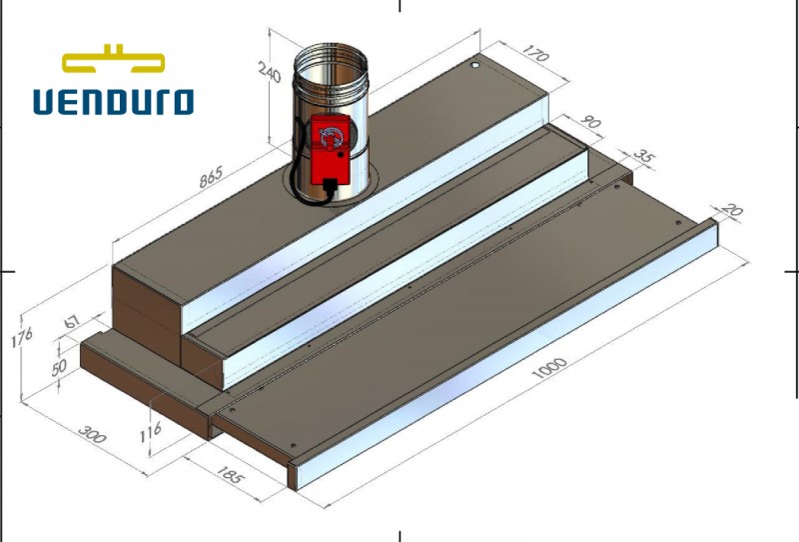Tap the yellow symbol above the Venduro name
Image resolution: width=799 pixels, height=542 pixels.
point(113,60)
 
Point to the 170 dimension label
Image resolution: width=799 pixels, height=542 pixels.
point(535,55)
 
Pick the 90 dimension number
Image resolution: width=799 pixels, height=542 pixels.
point(591,125)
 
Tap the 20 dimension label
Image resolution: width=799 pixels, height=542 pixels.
point(733,212)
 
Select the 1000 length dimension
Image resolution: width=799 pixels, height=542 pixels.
point(548,368)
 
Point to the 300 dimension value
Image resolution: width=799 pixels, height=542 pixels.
point(92,434)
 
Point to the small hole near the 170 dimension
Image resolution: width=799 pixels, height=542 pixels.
point(475,65)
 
